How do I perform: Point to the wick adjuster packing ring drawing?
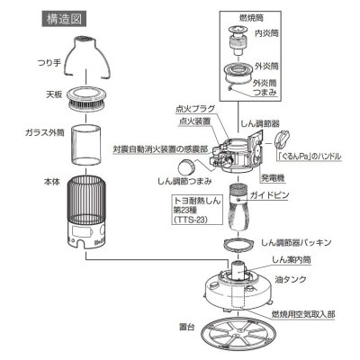point(237,244)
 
